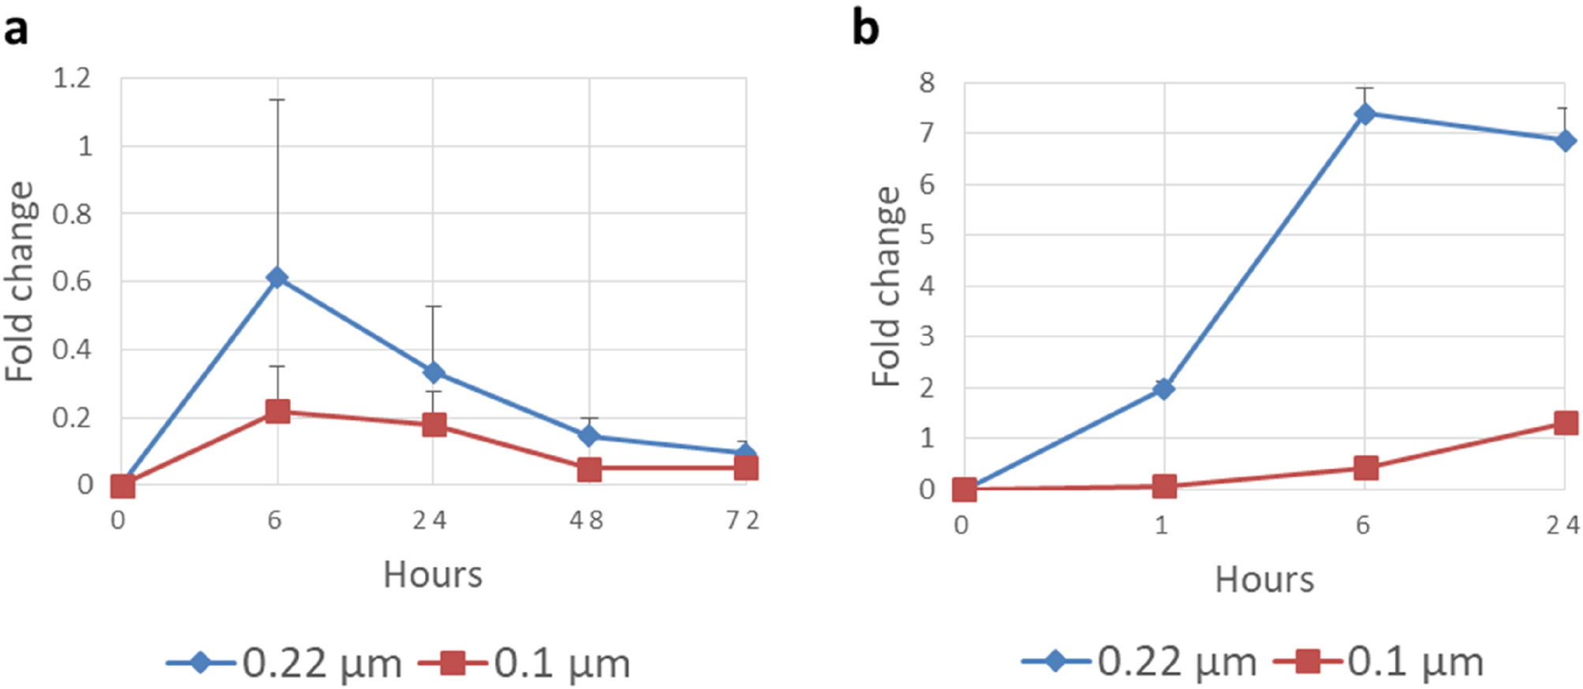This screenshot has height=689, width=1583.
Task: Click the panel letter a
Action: pyautogui.click(x=16, y=30)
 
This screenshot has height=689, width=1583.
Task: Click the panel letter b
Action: pyautogui.click(x=865, y=29)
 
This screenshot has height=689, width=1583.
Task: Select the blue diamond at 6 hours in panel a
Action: pyautogui.click(x=277, y=277)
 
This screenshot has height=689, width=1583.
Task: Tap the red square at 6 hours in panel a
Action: pyautogui.click(x=277, y=411)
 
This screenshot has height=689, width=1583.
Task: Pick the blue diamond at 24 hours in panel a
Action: pyautogui.click(x=433, y=372)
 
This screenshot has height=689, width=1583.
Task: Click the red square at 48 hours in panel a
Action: pyautogui.click(x=589, y=470)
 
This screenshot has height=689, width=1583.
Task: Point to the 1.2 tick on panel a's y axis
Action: pyautogui.click(x=72, y=78)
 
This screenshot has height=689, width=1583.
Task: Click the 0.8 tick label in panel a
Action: pyautogui.click(x=72, y=214)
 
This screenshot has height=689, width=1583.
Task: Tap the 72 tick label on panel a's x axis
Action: pyautogui.click(x=742, y=520)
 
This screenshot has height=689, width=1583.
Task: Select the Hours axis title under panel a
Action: pyautogui.click(x=432, y=575)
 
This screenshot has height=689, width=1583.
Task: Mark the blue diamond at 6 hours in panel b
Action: pyautogui.click(x=1365, y=114)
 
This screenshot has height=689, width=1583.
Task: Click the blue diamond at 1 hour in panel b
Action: pyautogui.click(x=1163, y=389)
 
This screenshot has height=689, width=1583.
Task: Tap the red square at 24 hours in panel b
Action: pyautogui.click(x=1565, y=423)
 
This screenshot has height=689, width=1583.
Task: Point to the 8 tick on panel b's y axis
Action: pyautogui.click(x=927, y=83)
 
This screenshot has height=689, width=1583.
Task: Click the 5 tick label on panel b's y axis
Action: pyautogui.click(x=927, y=235)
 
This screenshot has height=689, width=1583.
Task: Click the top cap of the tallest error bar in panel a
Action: pyautogui.click(x=277, y=100)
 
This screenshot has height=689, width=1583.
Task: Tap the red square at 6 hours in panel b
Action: pyautogui.click(x=1365, y=467)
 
